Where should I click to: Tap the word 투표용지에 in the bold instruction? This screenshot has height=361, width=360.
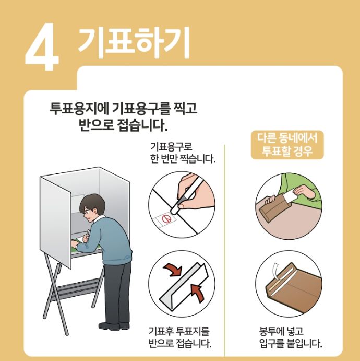[x=77, y=109]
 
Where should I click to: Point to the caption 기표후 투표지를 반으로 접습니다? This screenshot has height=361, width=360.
[x=180, y=337]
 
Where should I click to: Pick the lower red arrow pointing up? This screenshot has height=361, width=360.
[x=197, y=291]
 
